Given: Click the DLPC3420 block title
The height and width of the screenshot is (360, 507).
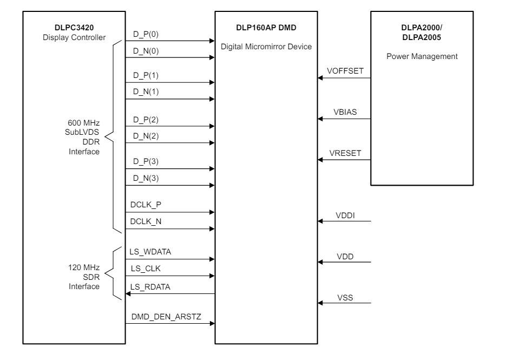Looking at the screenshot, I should pos(64,27).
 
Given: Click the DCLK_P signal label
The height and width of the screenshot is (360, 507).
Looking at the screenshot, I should pos(146,205).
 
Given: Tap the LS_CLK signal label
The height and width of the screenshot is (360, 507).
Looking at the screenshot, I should pos(145,269).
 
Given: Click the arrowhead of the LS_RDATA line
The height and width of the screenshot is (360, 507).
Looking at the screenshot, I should pos(129,294).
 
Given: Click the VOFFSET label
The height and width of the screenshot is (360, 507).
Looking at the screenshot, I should pos(344,70).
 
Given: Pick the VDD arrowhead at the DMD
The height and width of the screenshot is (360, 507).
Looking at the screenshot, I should pos(321,263).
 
